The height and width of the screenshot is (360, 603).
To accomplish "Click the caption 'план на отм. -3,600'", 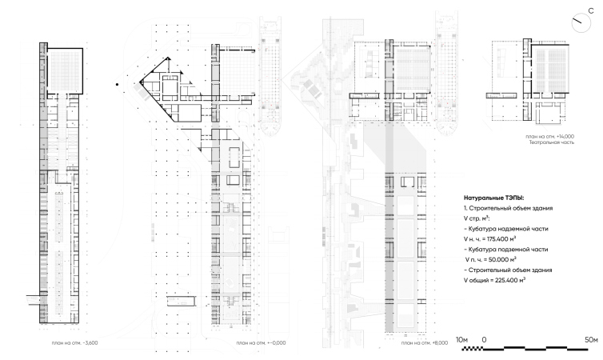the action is pos(74,342).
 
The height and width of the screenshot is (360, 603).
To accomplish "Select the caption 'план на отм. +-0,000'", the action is pos(262,342).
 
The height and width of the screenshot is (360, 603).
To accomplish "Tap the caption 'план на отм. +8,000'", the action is pos(425,342).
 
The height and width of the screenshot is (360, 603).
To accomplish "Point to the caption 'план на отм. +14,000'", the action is pos(550,137).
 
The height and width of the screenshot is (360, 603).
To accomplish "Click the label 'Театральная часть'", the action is pos(552,142).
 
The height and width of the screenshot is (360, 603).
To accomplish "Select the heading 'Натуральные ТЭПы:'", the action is pos(493,198).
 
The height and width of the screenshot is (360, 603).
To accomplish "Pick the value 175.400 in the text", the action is pos(497,239).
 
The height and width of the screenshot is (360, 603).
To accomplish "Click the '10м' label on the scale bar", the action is pos(461,340).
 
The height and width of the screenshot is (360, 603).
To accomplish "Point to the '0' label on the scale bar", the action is pos(484,340).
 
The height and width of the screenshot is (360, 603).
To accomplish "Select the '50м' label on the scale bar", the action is pos(592,340).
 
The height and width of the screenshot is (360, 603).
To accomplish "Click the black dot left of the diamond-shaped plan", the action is pos(118,84).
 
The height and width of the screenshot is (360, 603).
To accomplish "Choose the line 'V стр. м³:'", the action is pos(477,218).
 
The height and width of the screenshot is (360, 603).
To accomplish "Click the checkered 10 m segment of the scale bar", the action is pos(473,349).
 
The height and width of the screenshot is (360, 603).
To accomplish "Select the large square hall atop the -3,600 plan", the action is pos(64,70).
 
